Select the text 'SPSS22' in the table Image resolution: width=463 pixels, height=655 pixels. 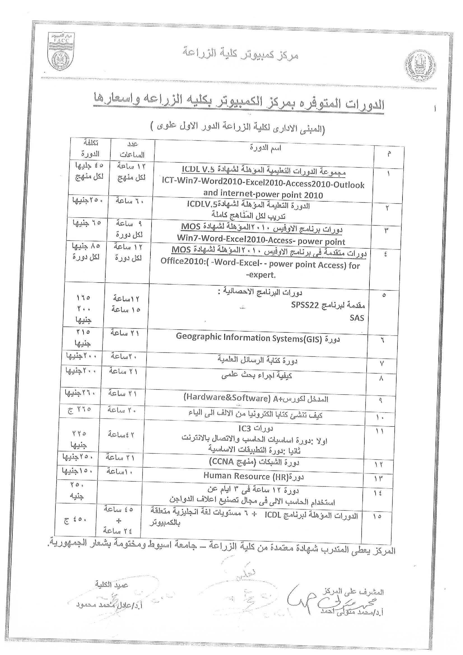[x=304, y=305]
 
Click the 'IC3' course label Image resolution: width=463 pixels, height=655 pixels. [x=245, y=428]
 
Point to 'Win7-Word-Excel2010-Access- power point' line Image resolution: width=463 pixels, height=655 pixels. [x=261, y=241]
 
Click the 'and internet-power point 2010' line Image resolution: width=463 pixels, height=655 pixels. [x=263, y=195]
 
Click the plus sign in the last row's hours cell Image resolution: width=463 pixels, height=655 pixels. [x=119, y=521]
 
